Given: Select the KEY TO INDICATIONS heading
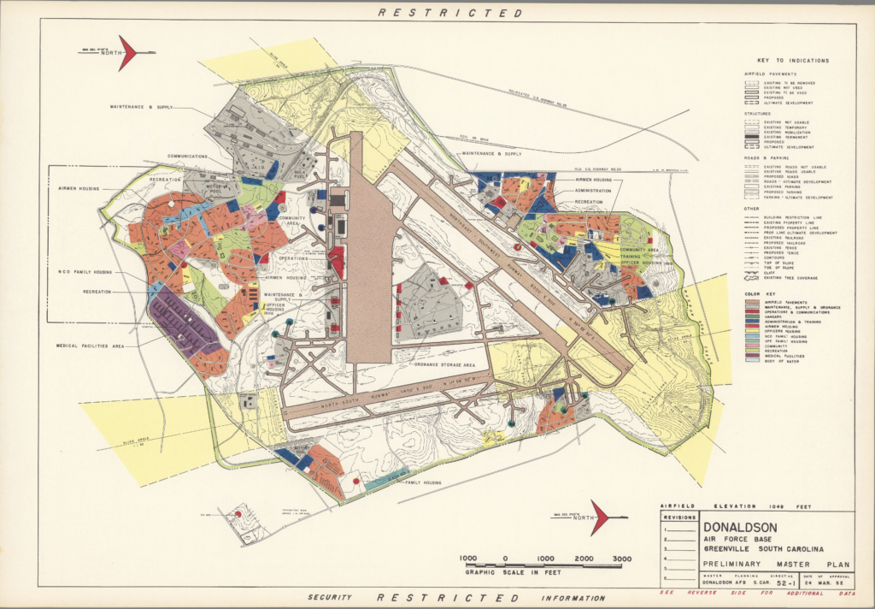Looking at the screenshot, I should coord(792,61).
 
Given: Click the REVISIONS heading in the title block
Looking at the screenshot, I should coord(679,517).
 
